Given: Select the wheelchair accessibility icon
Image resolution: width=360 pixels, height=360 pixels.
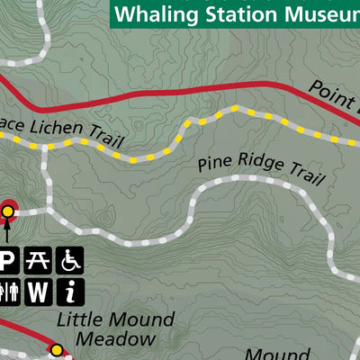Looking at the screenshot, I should (x=70, y=261).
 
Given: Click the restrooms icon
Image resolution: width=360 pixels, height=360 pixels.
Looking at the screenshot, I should (x=7, y=292).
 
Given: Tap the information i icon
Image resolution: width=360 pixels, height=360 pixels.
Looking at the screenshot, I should (x=70, y=292).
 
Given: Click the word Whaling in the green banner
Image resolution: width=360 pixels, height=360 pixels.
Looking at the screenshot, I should (x=155, y=13).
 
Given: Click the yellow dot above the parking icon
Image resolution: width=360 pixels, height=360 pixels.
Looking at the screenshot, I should (x=8, y=211).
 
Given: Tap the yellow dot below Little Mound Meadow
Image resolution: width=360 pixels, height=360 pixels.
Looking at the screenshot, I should (x=56, y=350).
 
